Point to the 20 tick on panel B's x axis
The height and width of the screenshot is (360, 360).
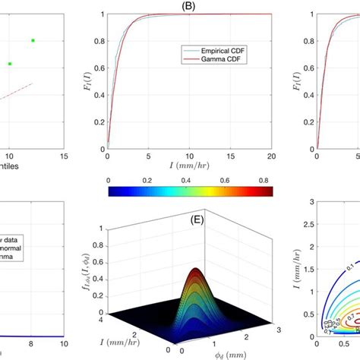(x=271, y=156)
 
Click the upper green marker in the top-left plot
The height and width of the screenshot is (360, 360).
(x=33, y=40)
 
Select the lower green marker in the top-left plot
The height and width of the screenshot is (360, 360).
(x=10, y=64)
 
